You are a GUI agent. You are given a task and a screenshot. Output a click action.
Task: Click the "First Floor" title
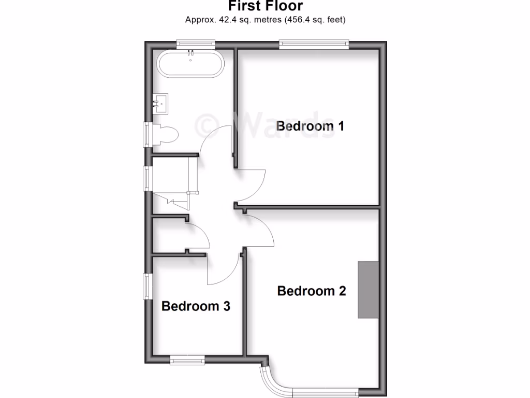click(265, 6)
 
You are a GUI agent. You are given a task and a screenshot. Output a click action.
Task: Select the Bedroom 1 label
click(310, 126)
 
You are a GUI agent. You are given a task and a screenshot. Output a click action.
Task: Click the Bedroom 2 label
click(311, 291)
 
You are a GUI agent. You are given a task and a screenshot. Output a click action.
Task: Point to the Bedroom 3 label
click(196, 306)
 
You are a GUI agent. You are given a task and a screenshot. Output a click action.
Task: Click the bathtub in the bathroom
click(190, 64)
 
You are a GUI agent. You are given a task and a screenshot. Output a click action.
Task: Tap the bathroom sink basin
click(160, 104)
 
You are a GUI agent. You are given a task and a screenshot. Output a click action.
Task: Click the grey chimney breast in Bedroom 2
click(368, 290)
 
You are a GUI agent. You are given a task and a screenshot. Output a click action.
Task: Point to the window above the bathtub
click(195, 44)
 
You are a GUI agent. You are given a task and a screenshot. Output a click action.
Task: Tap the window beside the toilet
click(148, 135)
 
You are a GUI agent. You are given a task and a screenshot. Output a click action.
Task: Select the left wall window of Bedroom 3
click(148, 286)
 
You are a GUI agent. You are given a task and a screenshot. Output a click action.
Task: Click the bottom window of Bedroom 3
click(187, 359)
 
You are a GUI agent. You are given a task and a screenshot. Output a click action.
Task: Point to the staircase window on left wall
click(148, 178)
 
